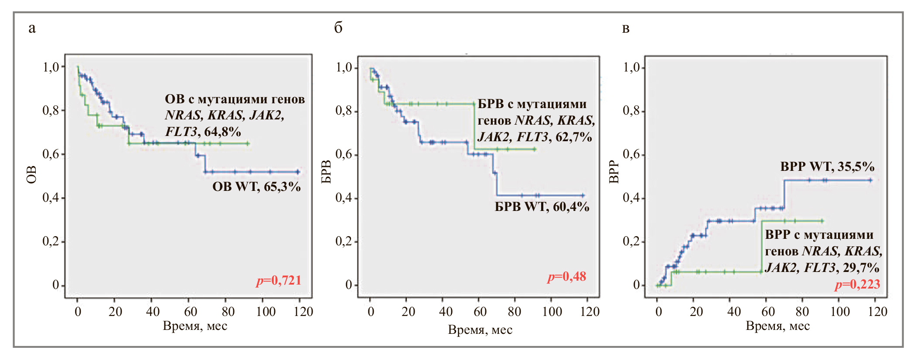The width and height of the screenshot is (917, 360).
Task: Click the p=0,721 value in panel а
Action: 279,280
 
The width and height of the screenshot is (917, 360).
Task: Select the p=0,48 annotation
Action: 566,277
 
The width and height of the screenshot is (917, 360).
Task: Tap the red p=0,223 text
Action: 857,285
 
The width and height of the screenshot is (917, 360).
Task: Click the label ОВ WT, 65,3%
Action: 256,187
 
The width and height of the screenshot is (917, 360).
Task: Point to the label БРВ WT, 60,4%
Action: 542,207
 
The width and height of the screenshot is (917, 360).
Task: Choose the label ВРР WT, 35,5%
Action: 827,167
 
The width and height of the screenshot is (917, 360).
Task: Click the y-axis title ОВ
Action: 31,175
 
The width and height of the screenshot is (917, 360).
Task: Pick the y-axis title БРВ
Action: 326,172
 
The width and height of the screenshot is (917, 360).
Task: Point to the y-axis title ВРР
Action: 614,171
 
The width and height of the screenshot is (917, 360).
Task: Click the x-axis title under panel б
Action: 480,330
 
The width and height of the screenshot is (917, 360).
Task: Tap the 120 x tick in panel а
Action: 303,312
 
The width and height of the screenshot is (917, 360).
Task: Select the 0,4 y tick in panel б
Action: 344,198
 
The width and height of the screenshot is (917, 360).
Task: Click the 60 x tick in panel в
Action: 768,312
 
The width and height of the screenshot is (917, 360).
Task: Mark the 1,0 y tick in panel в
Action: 631,67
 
